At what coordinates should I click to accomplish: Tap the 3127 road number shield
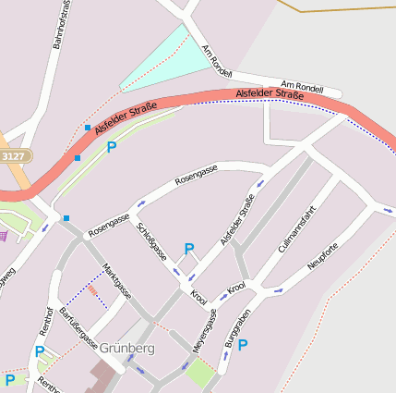[13, 157]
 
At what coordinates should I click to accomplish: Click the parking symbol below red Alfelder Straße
[112, 147]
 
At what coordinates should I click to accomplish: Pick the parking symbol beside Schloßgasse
[189, 248]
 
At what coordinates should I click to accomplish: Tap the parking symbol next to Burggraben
[243, 345]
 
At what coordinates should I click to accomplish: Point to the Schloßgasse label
[151, 240]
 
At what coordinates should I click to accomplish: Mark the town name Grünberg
[126, 349]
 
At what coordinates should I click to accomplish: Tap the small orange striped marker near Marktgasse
[92, 291]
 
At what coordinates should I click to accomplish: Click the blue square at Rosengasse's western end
[66, 218]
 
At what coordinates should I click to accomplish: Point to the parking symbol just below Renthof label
[40, 351]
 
